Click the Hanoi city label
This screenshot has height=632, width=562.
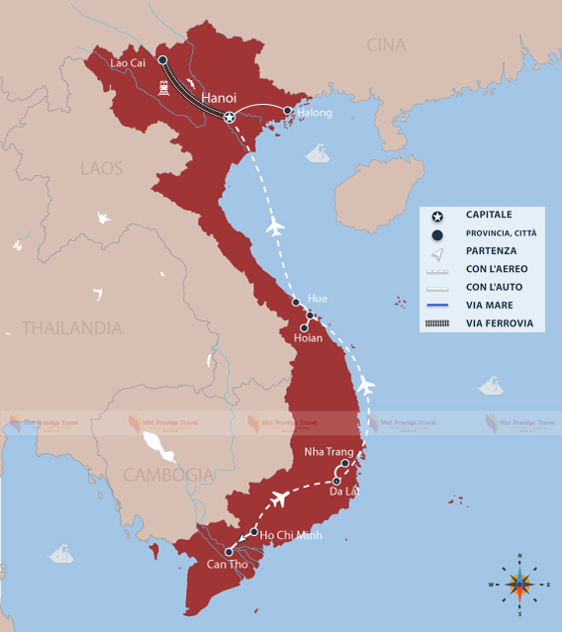tap(219, 98)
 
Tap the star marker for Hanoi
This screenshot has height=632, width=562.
tap(230, 118)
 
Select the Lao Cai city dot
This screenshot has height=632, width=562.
tap(162, 59)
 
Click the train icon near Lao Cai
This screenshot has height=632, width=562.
tap(161, 86)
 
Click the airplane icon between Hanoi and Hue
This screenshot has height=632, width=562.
tap(275, 227)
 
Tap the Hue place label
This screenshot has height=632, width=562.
tap(318, 298)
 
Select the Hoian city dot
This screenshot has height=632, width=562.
tap(304, 327)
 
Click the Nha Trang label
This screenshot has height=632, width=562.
tap(328, 451)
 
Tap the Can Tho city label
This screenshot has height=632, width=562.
tap(228, 565)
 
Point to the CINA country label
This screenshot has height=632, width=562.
tap(386, 45)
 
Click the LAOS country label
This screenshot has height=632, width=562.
tap(102, 168)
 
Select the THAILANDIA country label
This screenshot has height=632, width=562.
tap(71, 327)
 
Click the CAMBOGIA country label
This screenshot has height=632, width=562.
tap(168, 475)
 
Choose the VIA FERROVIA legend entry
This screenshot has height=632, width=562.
tap(500, 323)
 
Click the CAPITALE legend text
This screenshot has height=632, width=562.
tap(489, 214)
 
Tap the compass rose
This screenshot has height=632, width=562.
tap(518, 584)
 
